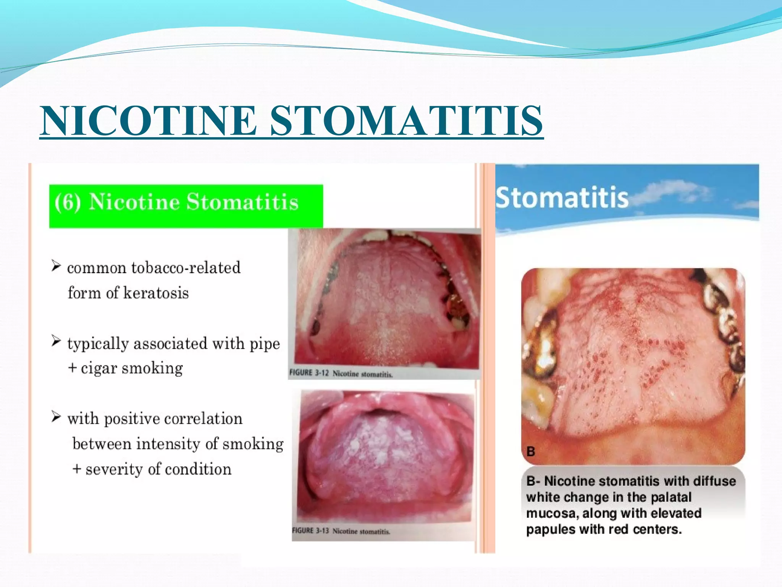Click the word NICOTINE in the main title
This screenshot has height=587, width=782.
149,120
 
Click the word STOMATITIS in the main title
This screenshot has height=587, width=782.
406,120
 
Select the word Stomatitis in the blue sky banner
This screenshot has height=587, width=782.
562,198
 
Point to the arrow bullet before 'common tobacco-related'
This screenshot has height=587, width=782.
56,266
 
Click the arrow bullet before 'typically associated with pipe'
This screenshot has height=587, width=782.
56,341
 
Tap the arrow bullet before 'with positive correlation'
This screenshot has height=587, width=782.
56,416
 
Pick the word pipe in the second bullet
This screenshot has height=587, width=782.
265,344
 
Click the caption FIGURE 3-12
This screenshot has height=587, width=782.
309,373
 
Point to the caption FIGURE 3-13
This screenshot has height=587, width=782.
310,531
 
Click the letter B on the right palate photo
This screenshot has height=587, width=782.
531,451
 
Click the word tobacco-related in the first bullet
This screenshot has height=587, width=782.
186,268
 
